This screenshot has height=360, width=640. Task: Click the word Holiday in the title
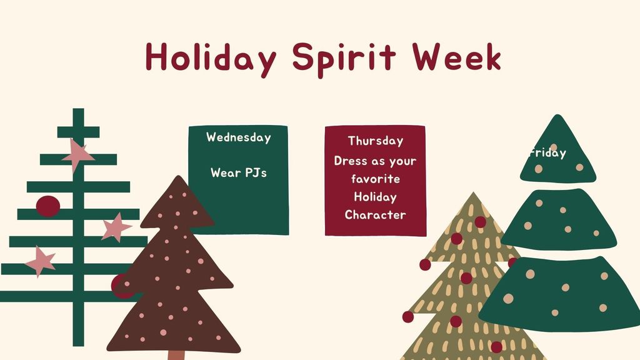pyautogui.click(x=210, y=57)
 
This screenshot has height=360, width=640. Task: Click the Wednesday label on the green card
pyautogui.click(x=239, y=137)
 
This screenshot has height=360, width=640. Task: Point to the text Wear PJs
pyautogui.click(x=238, y=172)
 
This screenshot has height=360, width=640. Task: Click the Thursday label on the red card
pyautogui.click(x=375, y=141)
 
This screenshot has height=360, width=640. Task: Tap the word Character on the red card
pyautogui.click(x=375, y=215)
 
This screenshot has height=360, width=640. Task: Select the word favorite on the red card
pyautogui.click(x=375, y=179)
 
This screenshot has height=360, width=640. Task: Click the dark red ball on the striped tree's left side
pyautogui.click(x=47, y=206)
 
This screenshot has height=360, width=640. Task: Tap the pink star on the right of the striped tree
pyautogui.click(x=116, y=227)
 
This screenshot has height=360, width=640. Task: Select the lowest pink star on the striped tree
pyautogui.click(x=41, y=261)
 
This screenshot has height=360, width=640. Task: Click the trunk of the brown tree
pyautogui.click(x=176, y=355)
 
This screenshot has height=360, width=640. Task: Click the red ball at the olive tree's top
pyautogui.click(x=480, y=222)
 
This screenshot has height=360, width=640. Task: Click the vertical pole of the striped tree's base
pyautogui.click(x=78, y=325)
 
